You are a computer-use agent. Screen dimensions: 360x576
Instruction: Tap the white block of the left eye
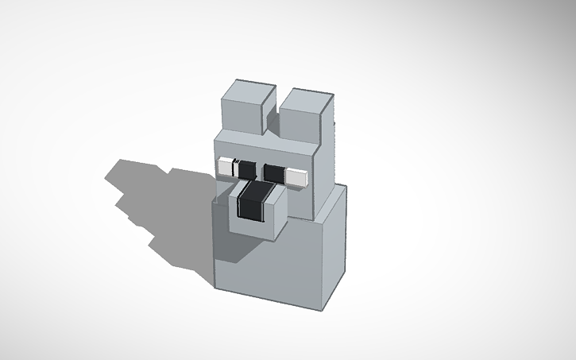coord(225,166)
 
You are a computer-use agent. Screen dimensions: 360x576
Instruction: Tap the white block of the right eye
coord(297,177)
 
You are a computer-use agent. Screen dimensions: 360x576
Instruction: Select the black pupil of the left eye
coord(245,169)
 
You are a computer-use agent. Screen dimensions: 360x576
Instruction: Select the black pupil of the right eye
coord(274,172)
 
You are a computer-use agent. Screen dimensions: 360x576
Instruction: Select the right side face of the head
coord(326,171)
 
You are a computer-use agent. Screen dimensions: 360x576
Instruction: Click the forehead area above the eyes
coord(262,148)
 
